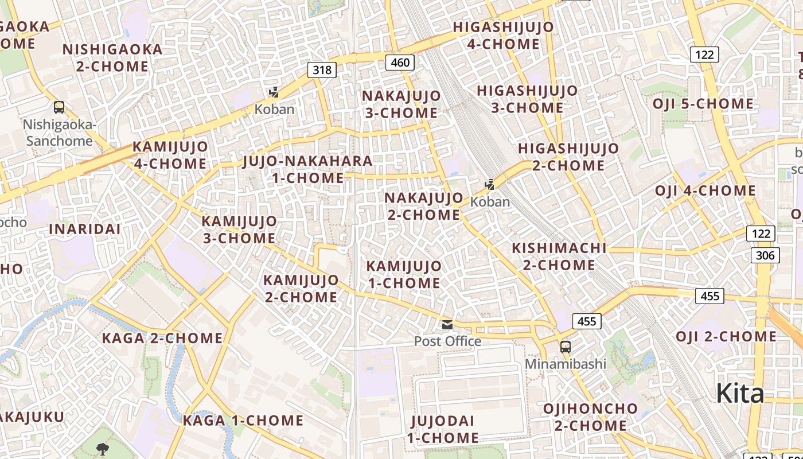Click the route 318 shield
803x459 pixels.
pos(322,70)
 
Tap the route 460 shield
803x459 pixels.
pos(400,62)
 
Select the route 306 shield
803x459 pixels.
pos(765,255)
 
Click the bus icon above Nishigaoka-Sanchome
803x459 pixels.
pos(59,107)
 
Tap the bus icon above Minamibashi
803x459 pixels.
pos(566,347)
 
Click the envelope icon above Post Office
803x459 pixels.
pos(447,325)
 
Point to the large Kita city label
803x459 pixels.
pos(740,394)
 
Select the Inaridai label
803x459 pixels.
pos(85,229)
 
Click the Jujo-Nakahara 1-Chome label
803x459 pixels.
pos(308,169)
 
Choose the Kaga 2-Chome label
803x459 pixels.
pos(162,339)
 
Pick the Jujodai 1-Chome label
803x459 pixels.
pos(443,429)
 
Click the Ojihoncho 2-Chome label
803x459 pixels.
pos(590,417)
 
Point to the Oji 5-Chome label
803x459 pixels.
pos(703,104)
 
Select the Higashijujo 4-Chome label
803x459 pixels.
pos(504,36)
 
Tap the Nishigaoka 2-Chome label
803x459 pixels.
pos(112,57)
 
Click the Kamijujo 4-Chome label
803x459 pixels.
pos(170,155)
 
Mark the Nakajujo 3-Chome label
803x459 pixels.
pos(402,104)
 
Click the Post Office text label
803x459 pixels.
pos(447,341)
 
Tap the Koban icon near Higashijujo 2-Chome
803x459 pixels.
pos(490,185)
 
